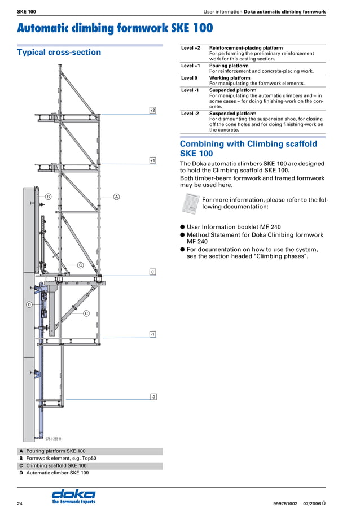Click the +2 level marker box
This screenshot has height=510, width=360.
(152, 110)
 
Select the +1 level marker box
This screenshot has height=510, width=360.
(152, 160)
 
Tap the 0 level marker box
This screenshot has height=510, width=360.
(152, 272)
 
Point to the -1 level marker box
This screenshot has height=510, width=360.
(152, 334)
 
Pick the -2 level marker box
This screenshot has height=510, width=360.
(153, 397)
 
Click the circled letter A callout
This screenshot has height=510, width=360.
(116, 197)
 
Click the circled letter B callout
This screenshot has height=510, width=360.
(49, 197)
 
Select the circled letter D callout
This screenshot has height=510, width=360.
(29, 304)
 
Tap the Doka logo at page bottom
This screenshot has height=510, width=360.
(73, 495)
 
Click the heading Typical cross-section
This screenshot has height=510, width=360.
(59, 53)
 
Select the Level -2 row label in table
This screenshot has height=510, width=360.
(190, 114)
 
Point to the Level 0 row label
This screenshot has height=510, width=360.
(189, 78)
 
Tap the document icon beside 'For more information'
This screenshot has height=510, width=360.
(191, 203)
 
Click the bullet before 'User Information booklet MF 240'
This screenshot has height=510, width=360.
(182, 228)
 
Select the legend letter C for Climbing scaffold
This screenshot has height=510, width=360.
(21, 466)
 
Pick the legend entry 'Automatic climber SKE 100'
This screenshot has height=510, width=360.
(58, 473)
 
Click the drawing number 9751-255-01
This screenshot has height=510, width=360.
(54, 438)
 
